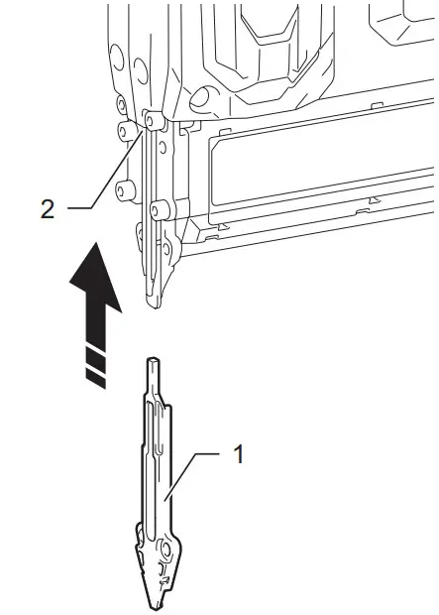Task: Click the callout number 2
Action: click(x=48, y=211)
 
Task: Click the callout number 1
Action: click(x=237, y=454)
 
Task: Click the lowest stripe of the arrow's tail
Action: click(x=94, y=376)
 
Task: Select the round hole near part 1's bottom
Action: click(x=165, y=548)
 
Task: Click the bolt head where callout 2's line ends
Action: click(x=151, y=120)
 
